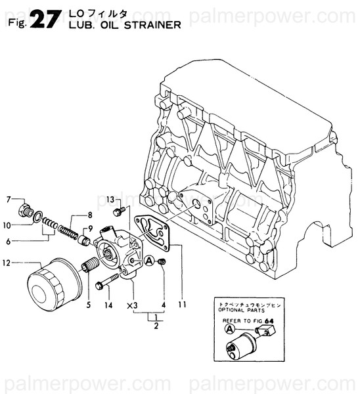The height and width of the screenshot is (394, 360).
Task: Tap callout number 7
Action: point(9,198)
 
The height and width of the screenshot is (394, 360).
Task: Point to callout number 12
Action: point(9,264)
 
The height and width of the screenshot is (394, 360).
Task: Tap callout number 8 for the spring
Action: point(90,215)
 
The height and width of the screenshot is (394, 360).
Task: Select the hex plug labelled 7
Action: point(26,211)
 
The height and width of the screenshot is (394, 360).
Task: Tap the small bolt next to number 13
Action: point(119,211)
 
